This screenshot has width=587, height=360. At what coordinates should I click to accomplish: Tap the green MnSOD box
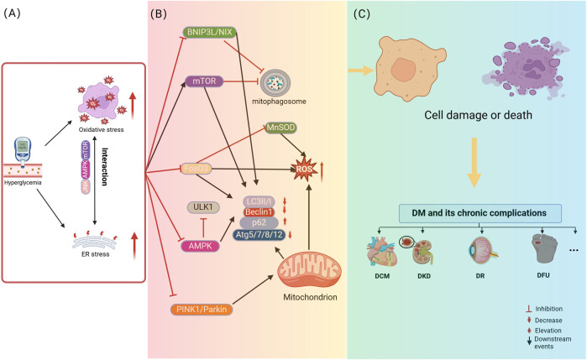277,129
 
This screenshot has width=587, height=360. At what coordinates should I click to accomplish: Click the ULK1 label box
202,206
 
